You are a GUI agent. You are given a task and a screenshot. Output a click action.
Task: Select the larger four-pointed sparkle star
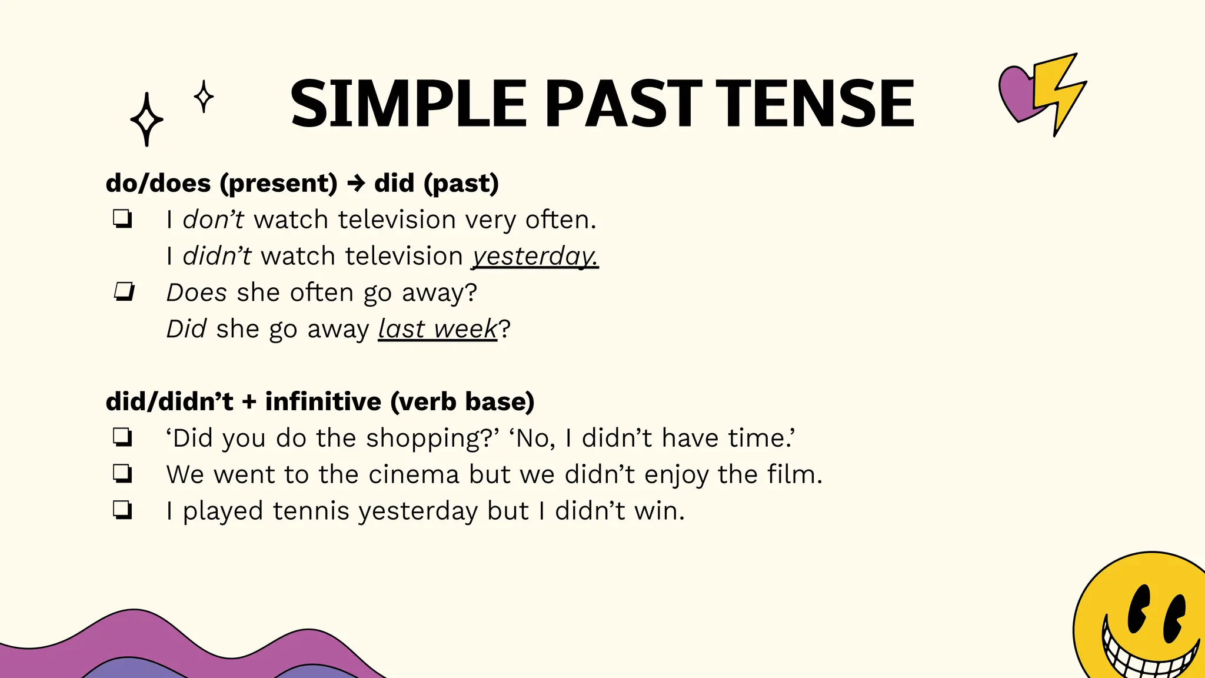[x=147, y=119]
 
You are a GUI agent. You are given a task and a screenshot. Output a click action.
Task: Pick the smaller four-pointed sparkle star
[x=204, y=97]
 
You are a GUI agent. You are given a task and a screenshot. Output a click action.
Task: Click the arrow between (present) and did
[x=356, y=184]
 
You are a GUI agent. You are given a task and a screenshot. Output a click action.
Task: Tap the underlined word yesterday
[x=534, y=257]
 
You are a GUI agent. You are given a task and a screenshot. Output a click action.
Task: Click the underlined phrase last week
[x=437, y=329]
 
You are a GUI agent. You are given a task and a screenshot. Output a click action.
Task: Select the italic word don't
[x=213, y=220]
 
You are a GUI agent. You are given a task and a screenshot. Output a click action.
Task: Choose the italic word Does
[x=197, y=293]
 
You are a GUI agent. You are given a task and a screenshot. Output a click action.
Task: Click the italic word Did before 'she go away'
[x=186, y=329]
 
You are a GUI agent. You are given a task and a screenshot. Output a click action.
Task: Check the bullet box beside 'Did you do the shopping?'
[x=122, y=437]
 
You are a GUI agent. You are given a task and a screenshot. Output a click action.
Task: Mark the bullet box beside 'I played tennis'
[x=122, y=510]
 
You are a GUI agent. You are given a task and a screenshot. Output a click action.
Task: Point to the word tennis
[x=311, y=511]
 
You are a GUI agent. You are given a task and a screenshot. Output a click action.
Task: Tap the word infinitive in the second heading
[x=323, y=402]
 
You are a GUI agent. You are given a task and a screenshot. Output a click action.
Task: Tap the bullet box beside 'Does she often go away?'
[x=124, y=291]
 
